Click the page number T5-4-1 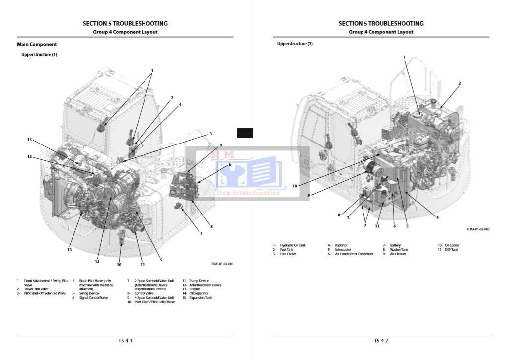click(125, 341)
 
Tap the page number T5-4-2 click(381, 341)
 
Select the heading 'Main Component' click(37, 44)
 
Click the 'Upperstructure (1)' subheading click(39, 54)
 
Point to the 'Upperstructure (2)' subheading click(295, 44)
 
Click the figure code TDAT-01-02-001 click(222, 264)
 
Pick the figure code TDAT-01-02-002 click(478, 229)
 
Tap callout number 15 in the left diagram click(29, 140)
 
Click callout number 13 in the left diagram click(70, 250)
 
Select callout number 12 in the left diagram click(97, 261)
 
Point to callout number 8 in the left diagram click(211, 226)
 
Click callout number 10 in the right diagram click(294, 186)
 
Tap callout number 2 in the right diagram click(459, 83)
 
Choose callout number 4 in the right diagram click(437, 217)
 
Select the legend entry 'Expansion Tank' click(200, 298)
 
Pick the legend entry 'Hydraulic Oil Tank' click(293, 245)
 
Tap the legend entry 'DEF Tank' click(451, 250)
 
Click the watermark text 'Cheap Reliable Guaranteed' click(247, 193)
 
